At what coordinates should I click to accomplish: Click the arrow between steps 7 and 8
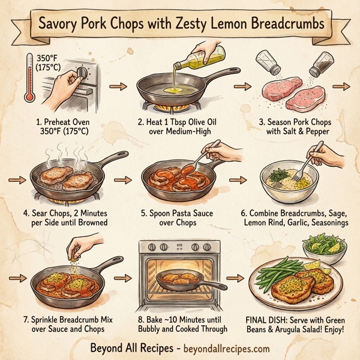[x=124, y=278]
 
